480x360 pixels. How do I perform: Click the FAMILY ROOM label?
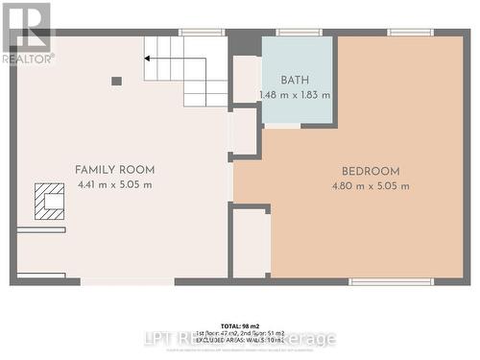[x=115, y=170]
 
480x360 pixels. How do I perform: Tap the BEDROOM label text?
[x=370, y=172]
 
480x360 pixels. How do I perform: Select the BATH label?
[x=295, y=81]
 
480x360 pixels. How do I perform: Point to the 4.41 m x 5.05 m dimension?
[x=115, y=185]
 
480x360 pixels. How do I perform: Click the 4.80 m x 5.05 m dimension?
[x=370, y=186]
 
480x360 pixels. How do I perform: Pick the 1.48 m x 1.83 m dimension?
[x=295, y=95]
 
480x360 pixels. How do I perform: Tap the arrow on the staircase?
[x=150, y=58]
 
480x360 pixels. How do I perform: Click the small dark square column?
[x=116, y=81]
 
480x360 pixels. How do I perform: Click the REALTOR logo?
[x=26, y=33]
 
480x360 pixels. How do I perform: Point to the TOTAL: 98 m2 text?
[x=240, y=325]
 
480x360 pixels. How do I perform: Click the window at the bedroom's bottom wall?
[x=377, y=281]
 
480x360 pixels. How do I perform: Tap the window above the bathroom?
[x=299, y=33]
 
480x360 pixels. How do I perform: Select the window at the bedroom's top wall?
[x=410, y=33]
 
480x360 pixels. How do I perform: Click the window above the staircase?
[x=202, y=33]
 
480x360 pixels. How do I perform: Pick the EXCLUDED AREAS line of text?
[x=240, y=341]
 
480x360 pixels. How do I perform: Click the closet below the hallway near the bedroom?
[x=250, y=243]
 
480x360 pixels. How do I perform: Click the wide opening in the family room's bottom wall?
[x=127, y=281]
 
